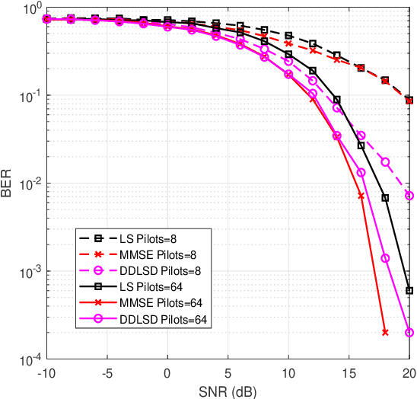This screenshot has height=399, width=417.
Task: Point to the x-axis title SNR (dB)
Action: [x=228, y=391]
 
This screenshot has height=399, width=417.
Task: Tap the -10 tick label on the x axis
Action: [x=46, y=373]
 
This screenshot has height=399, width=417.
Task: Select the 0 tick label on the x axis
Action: [x=167, y=373]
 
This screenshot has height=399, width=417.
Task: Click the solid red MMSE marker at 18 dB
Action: [x=385, y=333]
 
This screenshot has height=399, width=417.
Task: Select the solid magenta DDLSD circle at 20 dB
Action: [x=409, y=333]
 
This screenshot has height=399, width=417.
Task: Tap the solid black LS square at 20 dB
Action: [x=409, y=291]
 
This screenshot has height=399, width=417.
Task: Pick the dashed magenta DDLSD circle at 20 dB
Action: [x=409, y=196]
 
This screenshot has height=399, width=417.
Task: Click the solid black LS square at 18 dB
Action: [x=385, y=198]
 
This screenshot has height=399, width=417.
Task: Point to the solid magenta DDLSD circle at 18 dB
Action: [x=385, y=258]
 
